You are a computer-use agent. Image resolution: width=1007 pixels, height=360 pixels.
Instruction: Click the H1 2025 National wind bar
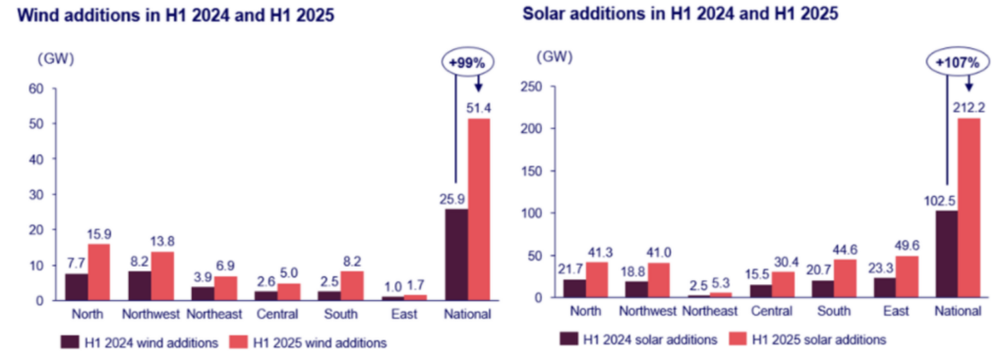point(479,209)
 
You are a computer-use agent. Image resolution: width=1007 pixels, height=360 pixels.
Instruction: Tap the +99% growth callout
point(469,60)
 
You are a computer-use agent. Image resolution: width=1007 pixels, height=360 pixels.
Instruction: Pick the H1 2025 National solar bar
point(970,208)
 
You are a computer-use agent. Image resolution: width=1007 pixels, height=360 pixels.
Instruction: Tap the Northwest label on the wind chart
point(151,315)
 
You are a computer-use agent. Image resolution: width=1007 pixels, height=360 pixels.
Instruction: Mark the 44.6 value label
point(845,247)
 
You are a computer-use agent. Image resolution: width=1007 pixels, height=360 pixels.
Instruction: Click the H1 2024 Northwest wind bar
point(139,285)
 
